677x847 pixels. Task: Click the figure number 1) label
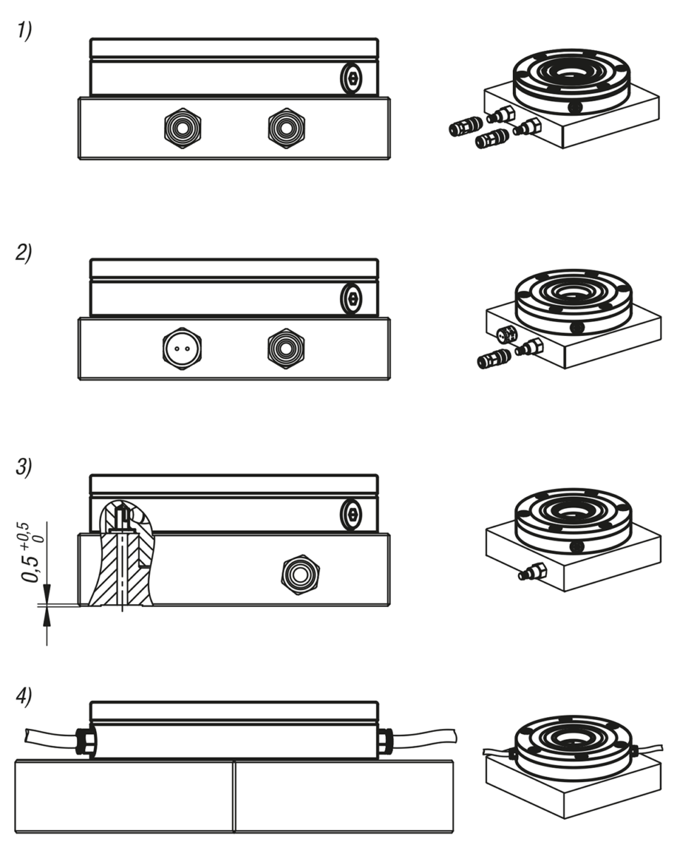point(25,32)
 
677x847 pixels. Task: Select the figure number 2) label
point(25,253)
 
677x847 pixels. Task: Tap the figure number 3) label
point(25,469)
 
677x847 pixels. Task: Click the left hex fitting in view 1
point(182,128)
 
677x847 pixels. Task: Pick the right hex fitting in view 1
point(286,128)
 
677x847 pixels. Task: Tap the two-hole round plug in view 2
point(182,348)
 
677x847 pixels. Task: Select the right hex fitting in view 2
point(286,348)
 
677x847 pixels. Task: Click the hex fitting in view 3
point(299,575)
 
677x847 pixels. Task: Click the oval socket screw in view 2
point(351,299)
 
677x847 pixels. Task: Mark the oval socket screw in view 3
point(351,515)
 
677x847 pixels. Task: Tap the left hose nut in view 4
point(86,742)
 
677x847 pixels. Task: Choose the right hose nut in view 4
point(384,741)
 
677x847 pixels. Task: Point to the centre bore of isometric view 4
point(571,738)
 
